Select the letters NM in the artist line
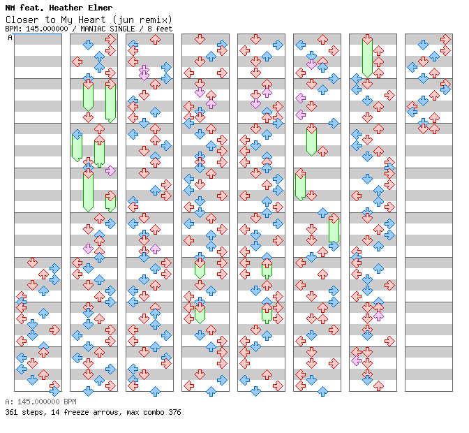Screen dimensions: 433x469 point(10,8)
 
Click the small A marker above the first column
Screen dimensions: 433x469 point(10,38)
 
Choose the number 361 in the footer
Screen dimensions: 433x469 point(11,412)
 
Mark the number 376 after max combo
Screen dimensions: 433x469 point(174,412)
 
